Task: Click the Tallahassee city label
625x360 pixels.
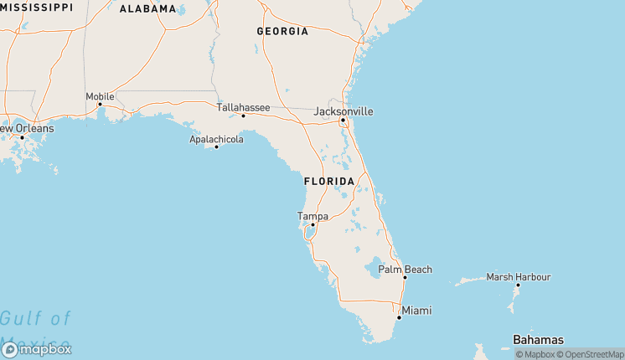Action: click(x=243, y=107)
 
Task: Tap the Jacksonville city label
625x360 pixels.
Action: click(x=343, y=111)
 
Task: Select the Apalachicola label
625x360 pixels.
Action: click(x=216, y=139)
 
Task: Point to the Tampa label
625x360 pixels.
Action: click(x=312, y=216)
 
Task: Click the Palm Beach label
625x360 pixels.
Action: click(x=405, y=269)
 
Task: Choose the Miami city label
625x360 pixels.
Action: click(x=416, y=311)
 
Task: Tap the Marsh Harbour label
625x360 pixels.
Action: click(x=519, y=276)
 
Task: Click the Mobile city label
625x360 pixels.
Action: click(x=100, y=96)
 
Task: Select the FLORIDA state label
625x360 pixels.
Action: click(x=329, y=181)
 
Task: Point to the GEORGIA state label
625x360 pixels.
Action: click(x=282, y=31)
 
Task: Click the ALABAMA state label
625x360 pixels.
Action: click(x=148, y=9)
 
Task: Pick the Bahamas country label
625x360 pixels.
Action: click(x=538, y=339)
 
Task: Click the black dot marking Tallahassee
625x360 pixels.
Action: click(x=243, y=116)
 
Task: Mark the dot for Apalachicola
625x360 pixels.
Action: click(x=216, y=147)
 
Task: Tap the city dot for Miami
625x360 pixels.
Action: click(x=399, y=317)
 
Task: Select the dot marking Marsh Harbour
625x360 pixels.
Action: click(x=518, y=285)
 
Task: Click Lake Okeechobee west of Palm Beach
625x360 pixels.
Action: click(x=374, y=269)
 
